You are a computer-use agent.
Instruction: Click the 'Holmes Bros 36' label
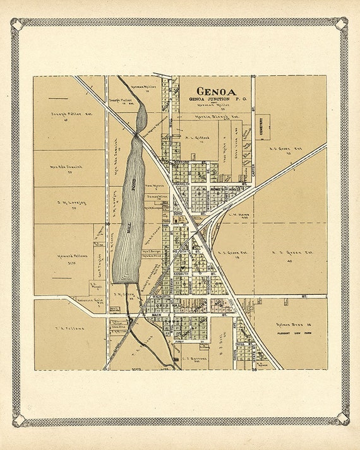[290, 324]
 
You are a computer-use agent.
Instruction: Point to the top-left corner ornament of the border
[17, 24]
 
